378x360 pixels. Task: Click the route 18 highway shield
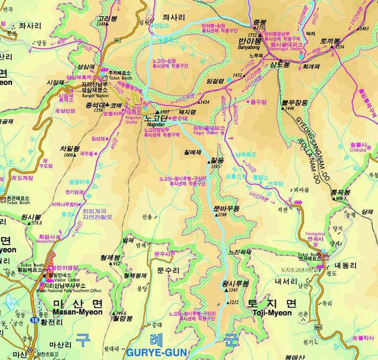coord(35,312)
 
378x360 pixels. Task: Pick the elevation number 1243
coord(233,290)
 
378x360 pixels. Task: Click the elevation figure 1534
coord(339,47)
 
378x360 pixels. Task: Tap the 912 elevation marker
coord(116,263)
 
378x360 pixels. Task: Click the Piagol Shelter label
coord(205,132)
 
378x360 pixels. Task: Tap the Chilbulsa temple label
coord(358,151)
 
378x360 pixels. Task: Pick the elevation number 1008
coord(68,155)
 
